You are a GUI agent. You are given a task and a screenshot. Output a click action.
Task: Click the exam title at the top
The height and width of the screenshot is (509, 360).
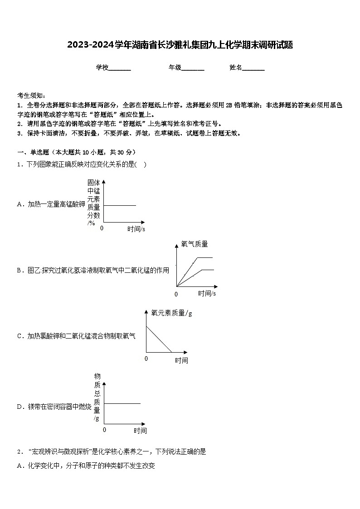180,45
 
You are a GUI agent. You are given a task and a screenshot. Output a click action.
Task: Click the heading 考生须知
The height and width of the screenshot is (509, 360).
31,96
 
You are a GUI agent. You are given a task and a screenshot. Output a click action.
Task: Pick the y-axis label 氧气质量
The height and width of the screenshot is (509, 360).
195,244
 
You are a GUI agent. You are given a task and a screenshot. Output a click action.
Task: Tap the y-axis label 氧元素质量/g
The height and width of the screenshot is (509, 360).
171,313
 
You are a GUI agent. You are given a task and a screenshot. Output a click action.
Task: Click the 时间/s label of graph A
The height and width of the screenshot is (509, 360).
136,229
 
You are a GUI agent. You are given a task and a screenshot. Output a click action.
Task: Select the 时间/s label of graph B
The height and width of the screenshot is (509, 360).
207,293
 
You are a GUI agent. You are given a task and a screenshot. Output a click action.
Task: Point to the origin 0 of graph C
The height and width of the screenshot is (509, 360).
146,359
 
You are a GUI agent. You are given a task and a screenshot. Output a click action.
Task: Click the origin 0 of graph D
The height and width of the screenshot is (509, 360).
104,429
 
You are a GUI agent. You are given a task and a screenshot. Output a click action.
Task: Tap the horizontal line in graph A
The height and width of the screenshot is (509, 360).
120,205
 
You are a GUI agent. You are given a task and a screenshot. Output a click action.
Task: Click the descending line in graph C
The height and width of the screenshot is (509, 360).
159,339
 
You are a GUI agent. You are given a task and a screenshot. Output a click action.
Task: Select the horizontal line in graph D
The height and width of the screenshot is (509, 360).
122,403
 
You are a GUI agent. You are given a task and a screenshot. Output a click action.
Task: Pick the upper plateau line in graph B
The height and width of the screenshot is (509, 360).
204,257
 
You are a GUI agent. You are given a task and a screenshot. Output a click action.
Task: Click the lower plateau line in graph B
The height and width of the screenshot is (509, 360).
207,270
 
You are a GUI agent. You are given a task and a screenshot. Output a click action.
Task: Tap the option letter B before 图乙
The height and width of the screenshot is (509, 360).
19,271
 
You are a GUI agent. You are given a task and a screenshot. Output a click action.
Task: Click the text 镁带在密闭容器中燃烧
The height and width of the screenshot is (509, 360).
59,407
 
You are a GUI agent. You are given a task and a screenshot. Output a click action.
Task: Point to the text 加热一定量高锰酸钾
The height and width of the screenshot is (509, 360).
56,204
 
